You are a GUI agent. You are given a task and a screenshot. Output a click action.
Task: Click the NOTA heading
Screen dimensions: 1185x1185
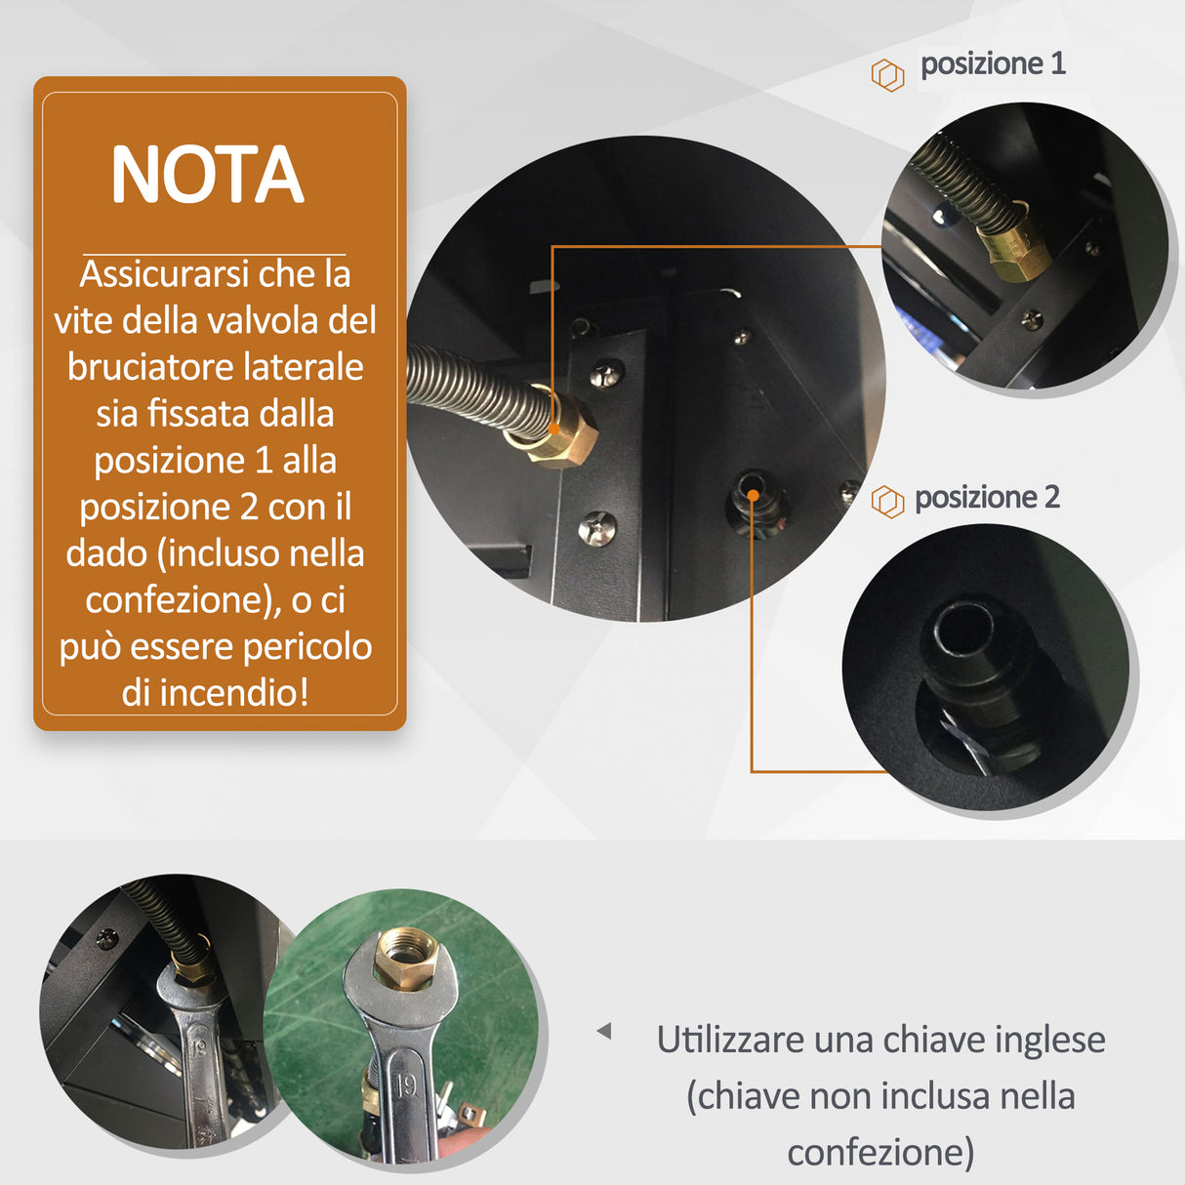coord(207,176)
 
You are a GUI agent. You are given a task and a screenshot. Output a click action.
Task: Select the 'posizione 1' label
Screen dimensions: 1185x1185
coord(993,64)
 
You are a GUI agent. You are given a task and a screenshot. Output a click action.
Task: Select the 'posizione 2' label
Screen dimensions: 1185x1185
coord(987,498)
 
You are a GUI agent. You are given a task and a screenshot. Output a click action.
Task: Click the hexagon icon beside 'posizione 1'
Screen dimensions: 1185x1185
coord(887,75)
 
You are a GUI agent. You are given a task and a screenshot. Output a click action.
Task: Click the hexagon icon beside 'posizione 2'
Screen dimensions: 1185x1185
coord(887,502)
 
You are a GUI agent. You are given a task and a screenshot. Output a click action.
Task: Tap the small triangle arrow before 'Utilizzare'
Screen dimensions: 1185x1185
coord(604,1031)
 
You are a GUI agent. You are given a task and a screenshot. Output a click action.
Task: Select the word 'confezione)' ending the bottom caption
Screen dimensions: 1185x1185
coord(880,1152)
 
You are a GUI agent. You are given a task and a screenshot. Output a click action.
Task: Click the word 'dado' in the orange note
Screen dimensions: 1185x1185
coord(105,553)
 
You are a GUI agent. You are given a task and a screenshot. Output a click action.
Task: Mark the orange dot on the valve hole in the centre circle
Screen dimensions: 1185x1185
coord(754,495)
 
